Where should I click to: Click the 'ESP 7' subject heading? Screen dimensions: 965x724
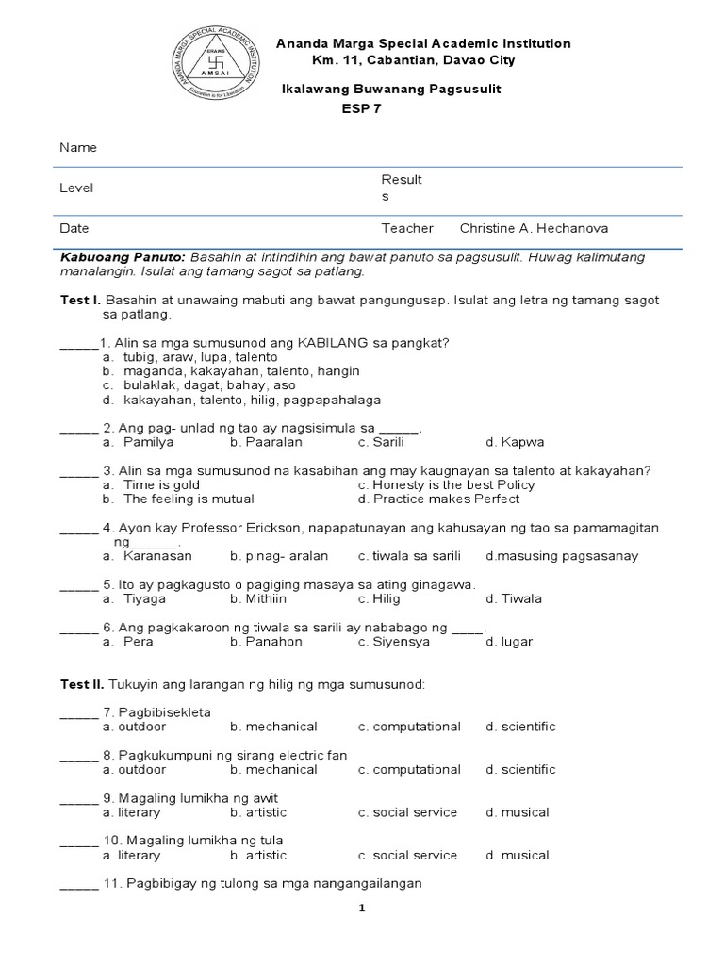click(x=361, y=107)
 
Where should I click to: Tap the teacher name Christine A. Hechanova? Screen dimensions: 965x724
click(x=534, y=228)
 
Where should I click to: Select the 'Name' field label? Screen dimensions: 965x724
click(x=78, y=148)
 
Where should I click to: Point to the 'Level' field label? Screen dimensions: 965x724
click(x=76, y=188)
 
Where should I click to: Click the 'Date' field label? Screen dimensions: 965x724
click(x=74, y=228)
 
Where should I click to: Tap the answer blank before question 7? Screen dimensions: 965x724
click(x=79, y=713)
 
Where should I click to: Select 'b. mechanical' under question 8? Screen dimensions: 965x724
click(x=273, y=769)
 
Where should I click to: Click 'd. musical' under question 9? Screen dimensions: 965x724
click(x=518, y=812)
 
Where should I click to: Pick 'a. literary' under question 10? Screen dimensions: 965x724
click(x=132, y=855)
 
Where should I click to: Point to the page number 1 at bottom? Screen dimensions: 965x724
click(x=361, y=908)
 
